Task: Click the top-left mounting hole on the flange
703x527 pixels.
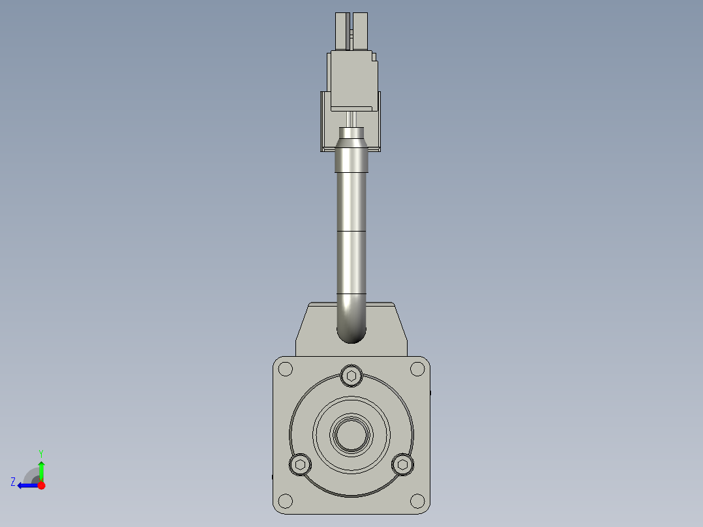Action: click(285, 369)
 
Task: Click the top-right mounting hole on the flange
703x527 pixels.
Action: click(417, 369)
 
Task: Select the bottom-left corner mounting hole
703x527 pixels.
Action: click(285, 501)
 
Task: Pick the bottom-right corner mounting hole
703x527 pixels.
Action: click(417, 501)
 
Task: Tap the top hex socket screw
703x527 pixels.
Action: click(351, 376)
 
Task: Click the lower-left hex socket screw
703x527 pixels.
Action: click(300, 464)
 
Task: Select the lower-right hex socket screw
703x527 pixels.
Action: click(403, 464)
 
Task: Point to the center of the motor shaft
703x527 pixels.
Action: click(351, 434)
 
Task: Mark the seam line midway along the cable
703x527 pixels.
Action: click(351, 232)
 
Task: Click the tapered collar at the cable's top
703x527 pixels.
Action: click(351, 143)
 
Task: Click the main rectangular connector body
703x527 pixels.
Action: click(353, 78)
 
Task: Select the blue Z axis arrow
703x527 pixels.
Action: click(26, 485)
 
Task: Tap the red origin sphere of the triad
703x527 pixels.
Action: click(41, 485)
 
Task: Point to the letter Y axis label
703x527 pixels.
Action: click(41, 453)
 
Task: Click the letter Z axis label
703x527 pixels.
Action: click(13, 482)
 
